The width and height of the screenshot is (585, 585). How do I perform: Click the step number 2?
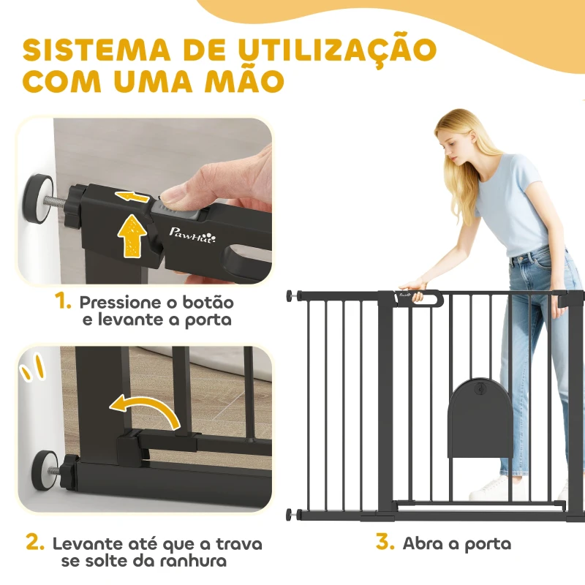[35, 543]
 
